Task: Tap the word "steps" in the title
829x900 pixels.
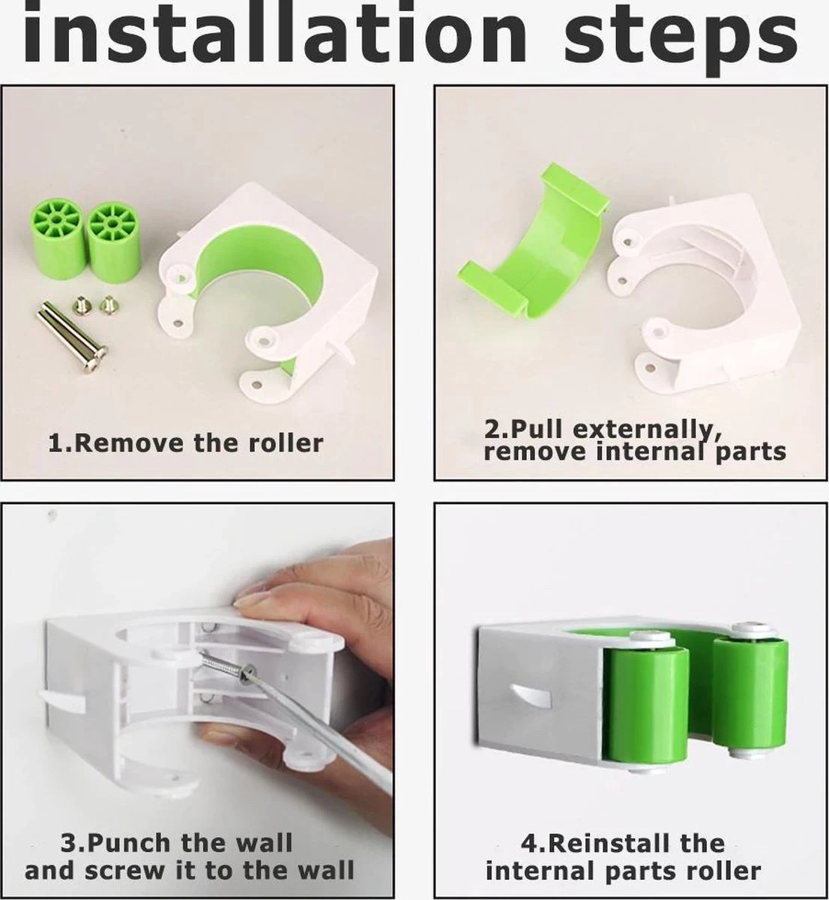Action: pyautogui.click(x=680, y=38)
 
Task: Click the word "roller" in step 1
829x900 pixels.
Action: pyautogui.click(x=286, y=443)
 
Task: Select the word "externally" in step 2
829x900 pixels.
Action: pyautogui.click(x=648, y=431)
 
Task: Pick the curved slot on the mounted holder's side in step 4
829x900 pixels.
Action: pyautogui.click(x=530, y=698)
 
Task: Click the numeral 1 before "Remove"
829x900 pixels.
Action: pyautogui.click(x=55, y=444)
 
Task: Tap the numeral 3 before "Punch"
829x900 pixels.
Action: pyautogui.click(x=68, y=843)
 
